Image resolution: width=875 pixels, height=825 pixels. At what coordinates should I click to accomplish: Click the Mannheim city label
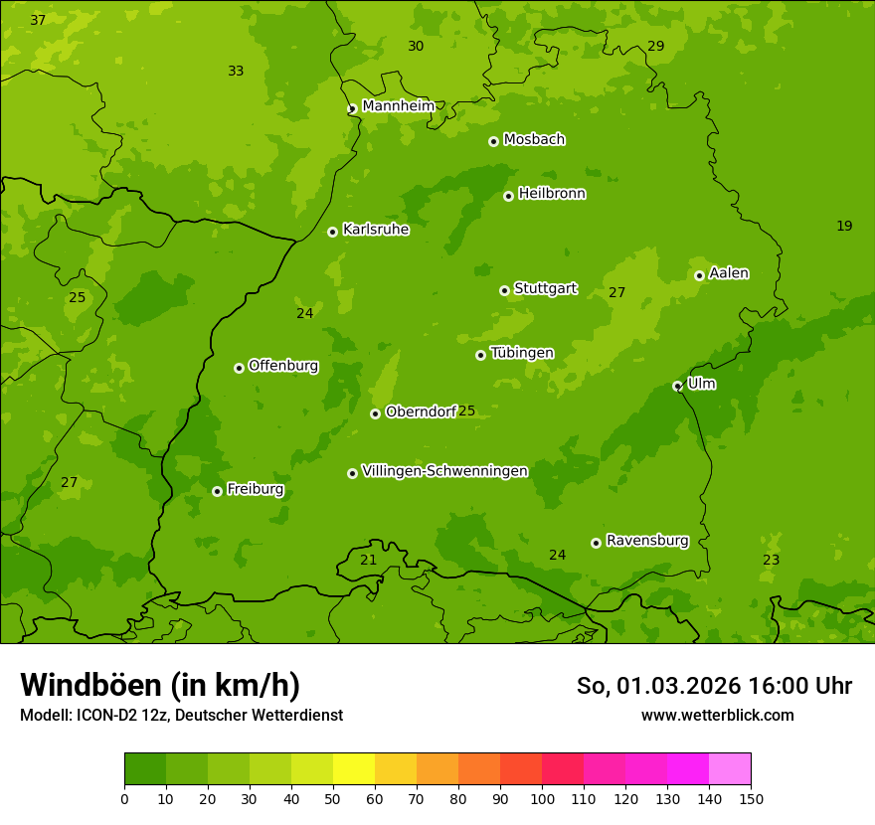[x=398, y=106]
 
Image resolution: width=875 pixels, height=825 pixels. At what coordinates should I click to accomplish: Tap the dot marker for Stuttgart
[x=504, y=290]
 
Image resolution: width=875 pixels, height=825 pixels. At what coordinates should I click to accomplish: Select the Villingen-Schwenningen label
[x=444, y=471]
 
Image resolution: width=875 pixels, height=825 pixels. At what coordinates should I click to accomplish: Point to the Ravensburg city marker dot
[x=596, y=543]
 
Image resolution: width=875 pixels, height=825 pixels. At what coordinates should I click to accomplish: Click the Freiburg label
[x=255, y=489]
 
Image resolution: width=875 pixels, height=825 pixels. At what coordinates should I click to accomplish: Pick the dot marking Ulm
[x=677, y=386]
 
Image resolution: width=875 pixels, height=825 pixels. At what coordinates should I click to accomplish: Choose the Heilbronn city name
[x=552, y=194]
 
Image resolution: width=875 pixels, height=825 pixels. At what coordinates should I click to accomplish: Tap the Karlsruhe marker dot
[x=332, y=232]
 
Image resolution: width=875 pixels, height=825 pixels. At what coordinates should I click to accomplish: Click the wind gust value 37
[x=38, y=21]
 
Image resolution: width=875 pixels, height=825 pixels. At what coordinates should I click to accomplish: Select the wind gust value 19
[x=844, y=227]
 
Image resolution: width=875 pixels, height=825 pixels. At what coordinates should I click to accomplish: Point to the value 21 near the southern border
[x=368, y=561]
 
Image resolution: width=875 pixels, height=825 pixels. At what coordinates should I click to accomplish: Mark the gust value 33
[x=236, y=72]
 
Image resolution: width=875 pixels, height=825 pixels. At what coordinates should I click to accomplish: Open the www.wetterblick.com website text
[x=717, y=715]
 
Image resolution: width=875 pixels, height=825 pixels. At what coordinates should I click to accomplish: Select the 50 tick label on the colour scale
[x=333, y=798]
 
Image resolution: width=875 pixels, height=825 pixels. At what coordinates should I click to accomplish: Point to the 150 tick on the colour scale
[x=750, y=798]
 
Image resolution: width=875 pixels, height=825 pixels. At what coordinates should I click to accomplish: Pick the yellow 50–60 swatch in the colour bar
[x=354, y=769]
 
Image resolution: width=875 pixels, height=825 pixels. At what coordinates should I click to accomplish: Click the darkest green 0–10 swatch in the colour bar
[x=145, y=769]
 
